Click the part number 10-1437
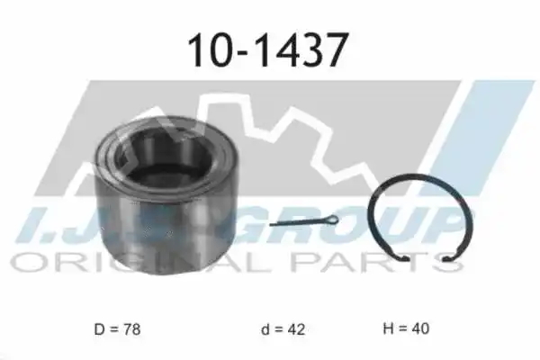pos(267,50)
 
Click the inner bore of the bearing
pos(166,156)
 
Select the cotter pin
pos(304,220)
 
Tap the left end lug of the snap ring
pos(403,257)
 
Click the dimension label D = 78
pos(117,329)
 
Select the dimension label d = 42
pos(283,329)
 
